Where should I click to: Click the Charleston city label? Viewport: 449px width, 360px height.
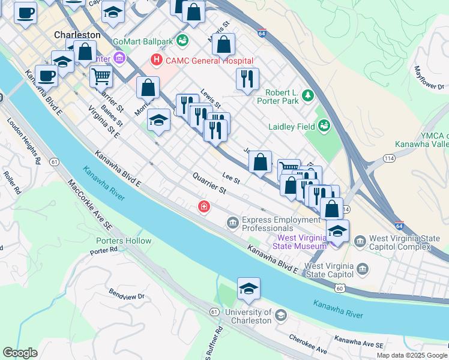point(77,35)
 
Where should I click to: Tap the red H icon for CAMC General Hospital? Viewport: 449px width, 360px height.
point(157,60)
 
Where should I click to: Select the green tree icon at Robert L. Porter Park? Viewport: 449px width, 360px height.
point(308,95)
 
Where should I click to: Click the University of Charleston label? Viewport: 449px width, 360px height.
point(249,316)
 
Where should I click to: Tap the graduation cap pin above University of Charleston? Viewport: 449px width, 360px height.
point(249,289)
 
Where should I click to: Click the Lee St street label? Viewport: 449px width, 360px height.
point(231,178)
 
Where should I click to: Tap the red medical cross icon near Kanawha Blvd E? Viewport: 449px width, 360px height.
point(205,207)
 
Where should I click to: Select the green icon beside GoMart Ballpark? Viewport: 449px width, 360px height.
point(182,41)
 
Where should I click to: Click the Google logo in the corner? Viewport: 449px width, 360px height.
point(20,353)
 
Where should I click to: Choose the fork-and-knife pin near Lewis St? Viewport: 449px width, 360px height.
point(247,79)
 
